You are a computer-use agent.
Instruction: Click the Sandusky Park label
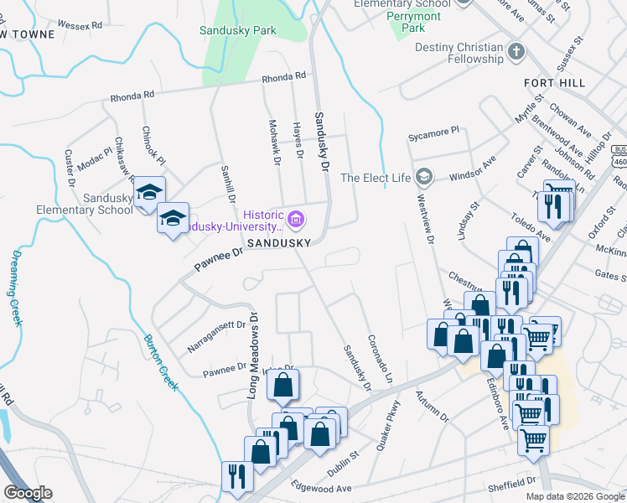[x=238, y=31]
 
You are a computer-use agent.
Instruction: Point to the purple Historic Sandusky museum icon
[x=295, y=220]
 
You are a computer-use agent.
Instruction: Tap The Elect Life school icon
[x=425, y=177]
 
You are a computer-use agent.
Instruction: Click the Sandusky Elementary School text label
[x=85, y=204]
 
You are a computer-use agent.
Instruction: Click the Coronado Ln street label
[x=380, y=360]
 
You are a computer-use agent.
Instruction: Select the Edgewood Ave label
[x=320, y=488]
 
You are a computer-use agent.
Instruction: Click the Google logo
[x=28, y=493]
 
